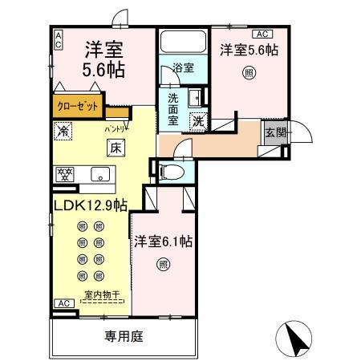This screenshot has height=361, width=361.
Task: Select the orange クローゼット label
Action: pyautogui.click(x=79, y=103)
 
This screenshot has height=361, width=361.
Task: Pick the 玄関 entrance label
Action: pyautogui.click(x=274, y=132)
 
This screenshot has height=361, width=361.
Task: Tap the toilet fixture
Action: pyautogui.click(x=170, y=171)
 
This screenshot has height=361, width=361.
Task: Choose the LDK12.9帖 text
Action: pyautogui.click(x=90, y=206)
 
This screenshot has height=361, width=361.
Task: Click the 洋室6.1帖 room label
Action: pyautogui.click(x=163, y=240)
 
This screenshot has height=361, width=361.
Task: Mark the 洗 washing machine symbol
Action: pyautogui.click(x=197, y=122)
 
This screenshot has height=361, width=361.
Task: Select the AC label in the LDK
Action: pyautogui.click(x=62, y=302)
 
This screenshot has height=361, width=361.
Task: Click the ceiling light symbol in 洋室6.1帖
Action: pyautogui.click(x=163, y=265)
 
